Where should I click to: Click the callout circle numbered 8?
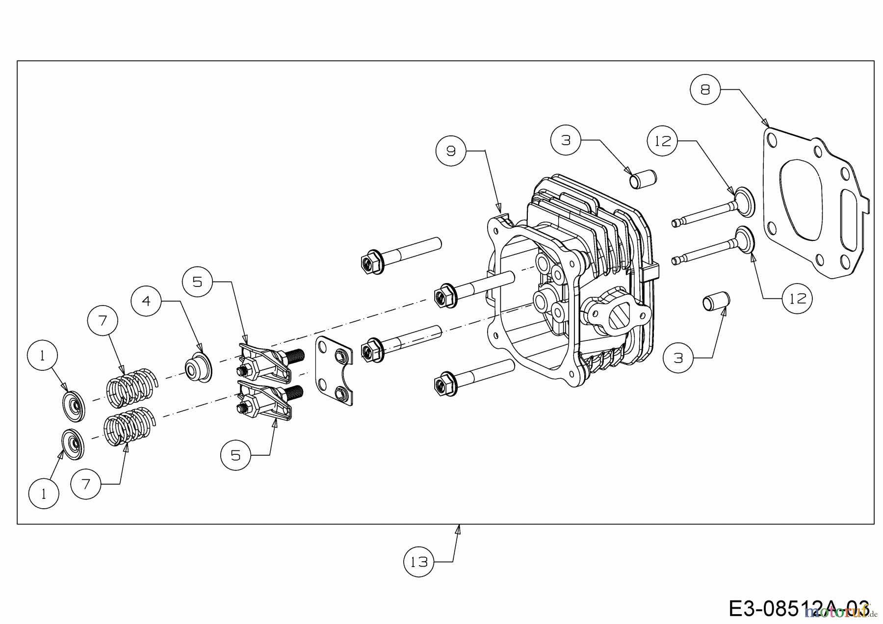pos(705,89)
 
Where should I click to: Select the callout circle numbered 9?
pos(451,151)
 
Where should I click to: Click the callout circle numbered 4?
pos(147,300)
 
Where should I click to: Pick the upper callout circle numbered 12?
pos(663,141)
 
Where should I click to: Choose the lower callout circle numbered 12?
pos(797,298)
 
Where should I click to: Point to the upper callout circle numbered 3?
pos(566,140)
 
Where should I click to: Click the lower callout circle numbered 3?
pos(678,358)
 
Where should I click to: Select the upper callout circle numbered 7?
pos(103,321)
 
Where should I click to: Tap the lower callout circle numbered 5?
pos(235,455)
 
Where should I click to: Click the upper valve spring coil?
pos(130,387)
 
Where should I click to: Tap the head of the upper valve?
pos(744,201)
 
